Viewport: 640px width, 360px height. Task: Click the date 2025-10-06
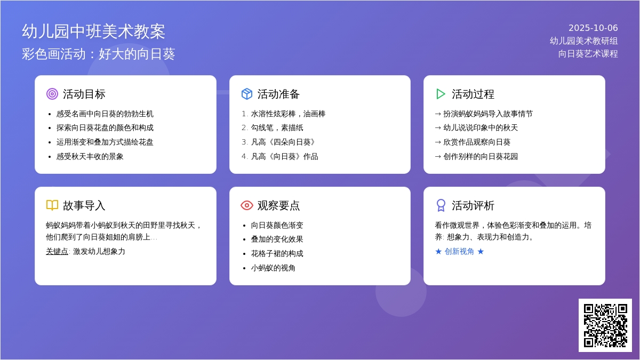[593, 28]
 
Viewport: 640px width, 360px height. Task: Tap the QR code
[605, 325]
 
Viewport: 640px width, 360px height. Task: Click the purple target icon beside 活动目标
[52, 94]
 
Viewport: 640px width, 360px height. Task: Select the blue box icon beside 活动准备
[247, 94]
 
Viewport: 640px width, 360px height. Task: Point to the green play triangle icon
[441, 94]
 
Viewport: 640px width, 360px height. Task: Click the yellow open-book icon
[52, 205]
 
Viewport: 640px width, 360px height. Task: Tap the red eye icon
[247, 205]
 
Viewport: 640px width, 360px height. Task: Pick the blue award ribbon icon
[441, 205]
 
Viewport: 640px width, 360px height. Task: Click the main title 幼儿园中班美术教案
[93, 31]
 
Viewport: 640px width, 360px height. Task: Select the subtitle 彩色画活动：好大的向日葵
[98, 54]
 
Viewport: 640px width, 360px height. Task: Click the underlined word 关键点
[57, 251]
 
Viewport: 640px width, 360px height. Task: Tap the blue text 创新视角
[459, 251]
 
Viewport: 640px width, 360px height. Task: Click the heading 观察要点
[278, 205]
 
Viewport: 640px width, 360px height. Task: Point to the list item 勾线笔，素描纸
[277, 127]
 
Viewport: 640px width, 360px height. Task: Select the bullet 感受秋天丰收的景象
[90, 157]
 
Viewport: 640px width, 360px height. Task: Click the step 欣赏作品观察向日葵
[477, 142]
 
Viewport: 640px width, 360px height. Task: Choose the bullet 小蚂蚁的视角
[273, 268]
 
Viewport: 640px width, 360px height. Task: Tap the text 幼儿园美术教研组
[583, 41]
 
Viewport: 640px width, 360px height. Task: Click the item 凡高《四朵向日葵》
[283, 142]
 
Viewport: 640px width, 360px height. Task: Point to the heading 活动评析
[473, 205]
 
